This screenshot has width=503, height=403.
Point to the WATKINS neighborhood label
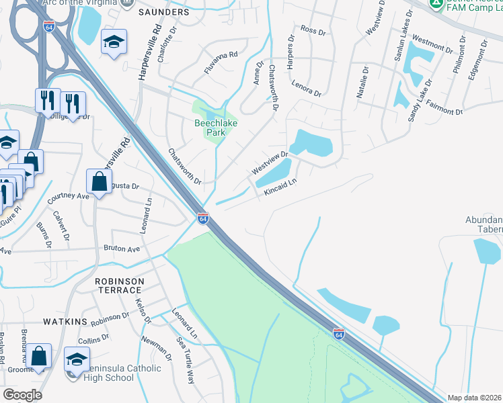[66, 322]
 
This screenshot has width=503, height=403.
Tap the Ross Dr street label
[313, 30]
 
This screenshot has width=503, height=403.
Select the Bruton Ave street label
[122, 249]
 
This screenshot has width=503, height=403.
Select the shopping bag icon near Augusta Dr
[99, 181]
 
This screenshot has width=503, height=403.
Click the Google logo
[23, 395]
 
